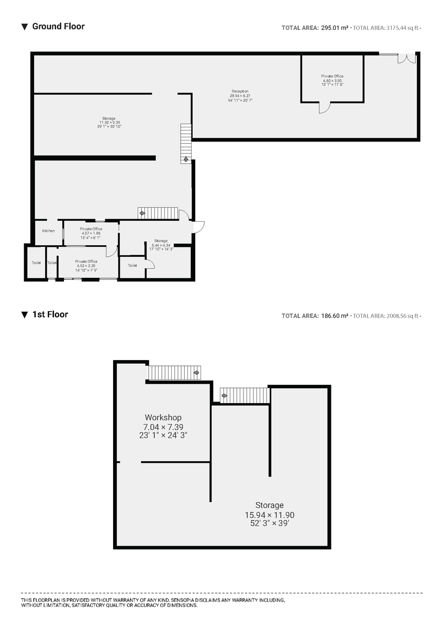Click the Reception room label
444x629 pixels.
tap(240, 91)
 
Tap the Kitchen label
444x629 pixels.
tap(48, 231)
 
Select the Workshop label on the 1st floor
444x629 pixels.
tap(163, 418)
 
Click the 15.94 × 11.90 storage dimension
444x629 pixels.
tap(269, 515)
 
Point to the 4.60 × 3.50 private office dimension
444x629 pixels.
tap(332, 81)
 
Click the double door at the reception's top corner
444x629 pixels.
tap(407, 58)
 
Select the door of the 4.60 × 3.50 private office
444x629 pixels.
tap(325, 107)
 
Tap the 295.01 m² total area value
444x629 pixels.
tap(335, 28)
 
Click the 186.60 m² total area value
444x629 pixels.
tap(335, 316)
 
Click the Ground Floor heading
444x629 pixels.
tap(58, 26)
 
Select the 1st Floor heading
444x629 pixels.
tap(50, 314)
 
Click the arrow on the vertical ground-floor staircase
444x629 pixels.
tap(186, 158)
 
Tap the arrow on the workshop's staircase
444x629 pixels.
tap(196, 373)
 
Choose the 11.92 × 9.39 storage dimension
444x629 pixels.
tap(109, 123)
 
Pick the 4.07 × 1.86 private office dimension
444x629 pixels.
tap(91, 233)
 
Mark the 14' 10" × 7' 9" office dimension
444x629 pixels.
tap(86, 270)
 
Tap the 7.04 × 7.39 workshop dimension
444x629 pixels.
tap(163, 427)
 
